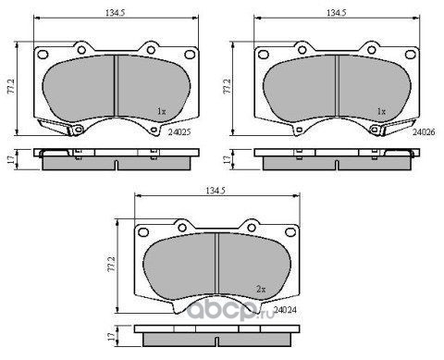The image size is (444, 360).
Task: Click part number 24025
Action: [x=179, y=131]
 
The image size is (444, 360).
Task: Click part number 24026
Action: [x=424, y=131]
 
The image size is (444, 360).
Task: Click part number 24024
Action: [x=285, y=309]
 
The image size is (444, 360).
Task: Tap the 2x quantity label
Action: [x=261, y=289]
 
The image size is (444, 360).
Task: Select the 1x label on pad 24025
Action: [x=162, y=111]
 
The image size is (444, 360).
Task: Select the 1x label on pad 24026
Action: [x=382, y=111]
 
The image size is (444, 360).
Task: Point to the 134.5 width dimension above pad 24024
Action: [x=216, y=191]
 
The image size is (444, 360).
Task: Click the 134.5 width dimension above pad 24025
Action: [x=116, y=13]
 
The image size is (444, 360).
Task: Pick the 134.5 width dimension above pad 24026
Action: [x=337, y=13]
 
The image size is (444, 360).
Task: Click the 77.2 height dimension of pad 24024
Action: [x=112, y=264]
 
